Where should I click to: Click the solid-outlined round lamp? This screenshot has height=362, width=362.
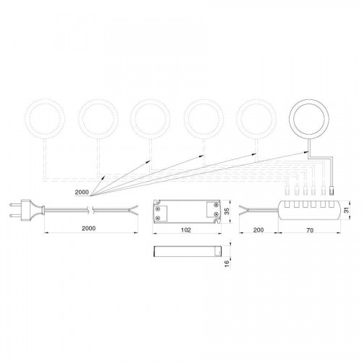[x=308, y=99]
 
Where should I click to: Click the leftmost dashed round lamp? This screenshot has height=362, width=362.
[x=45, y=99]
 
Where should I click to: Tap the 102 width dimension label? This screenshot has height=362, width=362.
[x=186, y=230]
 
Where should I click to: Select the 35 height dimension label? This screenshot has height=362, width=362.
[x=227, y=211]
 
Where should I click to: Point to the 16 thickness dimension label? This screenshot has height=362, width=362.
[x=227, y=263]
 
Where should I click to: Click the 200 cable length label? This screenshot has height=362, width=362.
[x=258, y=230]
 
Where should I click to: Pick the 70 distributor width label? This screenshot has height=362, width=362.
[x=310, y=230]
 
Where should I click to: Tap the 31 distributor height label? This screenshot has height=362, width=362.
[x=347, y=210]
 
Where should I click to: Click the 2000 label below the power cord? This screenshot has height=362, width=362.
[x=88, y=228]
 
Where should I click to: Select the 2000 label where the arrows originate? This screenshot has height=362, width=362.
[x=82, y=193]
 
